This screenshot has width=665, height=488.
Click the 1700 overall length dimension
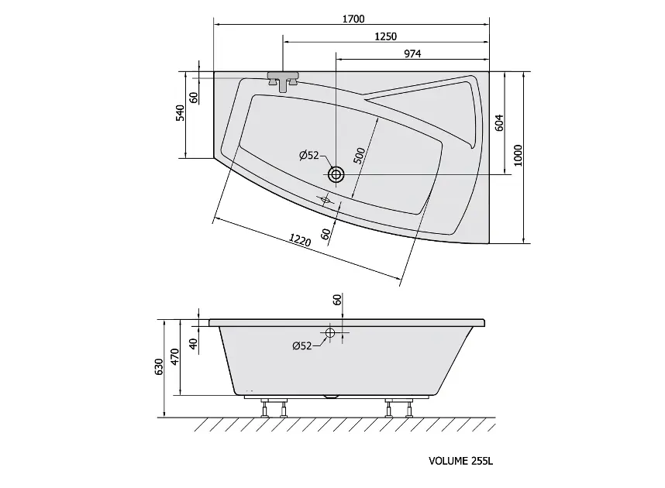click(x=353, y=19)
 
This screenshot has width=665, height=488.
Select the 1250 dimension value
click(x=385, y=37)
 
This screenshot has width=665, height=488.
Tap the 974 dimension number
click(x=412, y=54)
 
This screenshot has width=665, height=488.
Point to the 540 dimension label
click(x=181, y=113)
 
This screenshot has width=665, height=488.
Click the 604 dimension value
click(x=499, y=122)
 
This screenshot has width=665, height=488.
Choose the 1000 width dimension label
click(x=518, y=156)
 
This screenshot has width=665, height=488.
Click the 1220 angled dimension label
click(x=300, y=240)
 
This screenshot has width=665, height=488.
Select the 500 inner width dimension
click(x=359, y=156)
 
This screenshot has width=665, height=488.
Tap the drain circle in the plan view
click(x=336, y=174)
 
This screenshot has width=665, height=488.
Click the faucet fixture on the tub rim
click(x=283, y=81)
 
